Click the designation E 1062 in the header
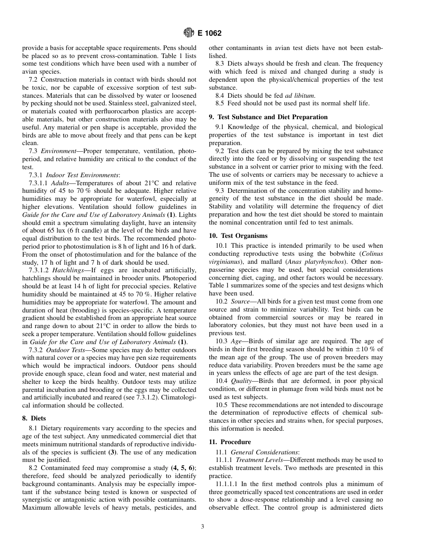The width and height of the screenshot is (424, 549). coord(209,33)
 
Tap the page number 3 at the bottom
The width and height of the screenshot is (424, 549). coord(202,527)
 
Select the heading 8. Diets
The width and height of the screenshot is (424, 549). coord(34,419)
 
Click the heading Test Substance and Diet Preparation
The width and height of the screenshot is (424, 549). coord(272,117)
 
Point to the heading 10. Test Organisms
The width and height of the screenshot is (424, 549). coord(238,236)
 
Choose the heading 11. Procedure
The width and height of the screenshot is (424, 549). coord(230,442)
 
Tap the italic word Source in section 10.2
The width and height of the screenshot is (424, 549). coord(241,302)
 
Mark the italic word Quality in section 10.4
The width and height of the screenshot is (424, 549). coord(242,381)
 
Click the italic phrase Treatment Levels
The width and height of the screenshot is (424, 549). coord(259,460)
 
